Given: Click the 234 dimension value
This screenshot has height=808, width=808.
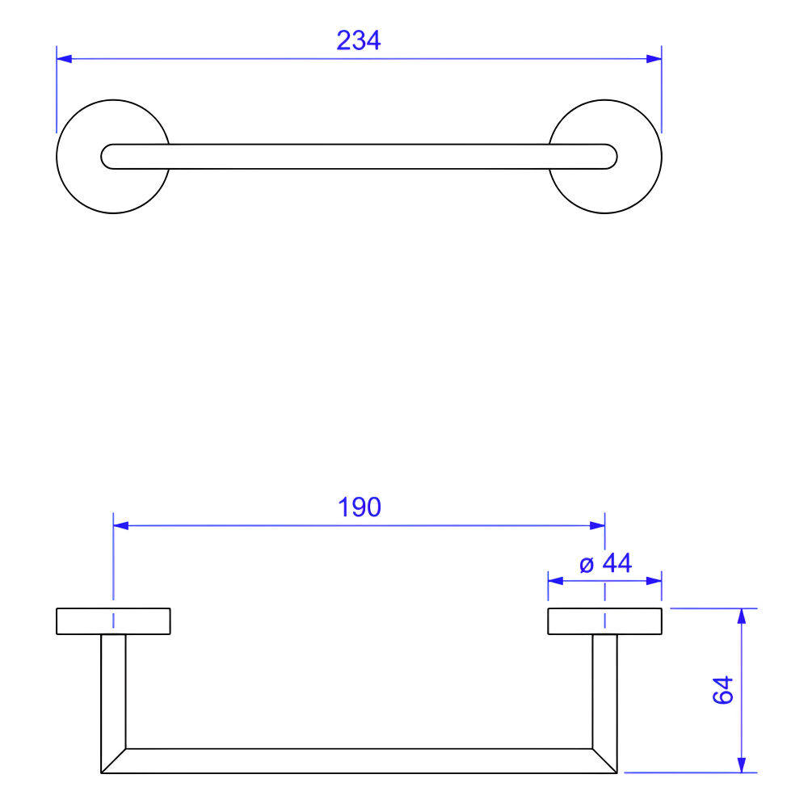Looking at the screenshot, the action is click(x=359, y=40).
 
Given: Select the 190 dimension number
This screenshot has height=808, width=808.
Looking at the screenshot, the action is click(x=360, y=507).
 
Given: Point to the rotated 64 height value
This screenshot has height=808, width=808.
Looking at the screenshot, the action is click(x=723, y=690).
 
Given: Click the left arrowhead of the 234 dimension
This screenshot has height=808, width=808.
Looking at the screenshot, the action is click(x=64, y=59).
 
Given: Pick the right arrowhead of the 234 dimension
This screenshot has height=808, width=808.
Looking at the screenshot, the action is click(x=654, y=59).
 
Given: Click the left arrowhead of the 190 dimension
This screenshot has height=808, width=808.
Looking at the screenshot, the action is click(x=120, y=526).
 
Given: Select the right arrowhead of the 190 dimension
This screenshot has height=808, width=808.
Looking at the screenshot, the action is click(x=597, y=526).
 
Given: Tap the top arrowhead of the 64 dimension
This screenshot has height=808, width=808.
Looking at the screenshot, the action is click(x=742, y=617).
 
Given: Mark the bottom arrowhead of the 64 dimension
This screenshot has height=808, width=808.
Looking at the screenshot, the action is click(x=742, y=764).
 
